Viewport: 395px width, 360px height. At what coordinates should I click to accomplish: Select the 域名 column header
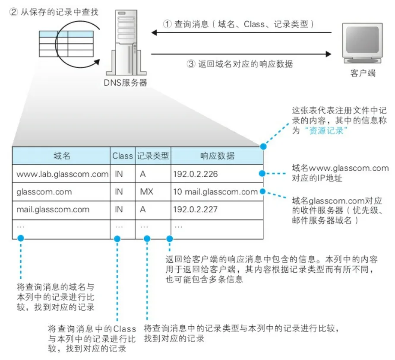click(x=62, y=156)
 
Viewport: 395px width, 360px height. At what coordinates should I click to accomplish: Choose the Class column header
click(x=123, y=156)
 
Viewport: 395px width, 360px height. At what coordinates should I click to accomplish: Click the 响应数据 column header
click(x=217, y=156)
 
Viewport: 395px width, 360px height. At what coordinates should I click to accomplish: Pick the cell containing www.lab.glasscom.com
click(x=62, y=174)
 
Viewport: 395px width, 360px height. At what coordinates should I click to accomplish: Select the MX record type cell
click(x=147, y=192)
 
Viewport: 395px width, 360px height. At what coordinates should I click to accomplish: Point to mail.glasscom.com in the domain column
click(x=53, y=210)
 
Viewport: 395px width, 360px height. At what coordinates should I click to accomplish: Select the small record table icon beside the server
click(x=66, y=44)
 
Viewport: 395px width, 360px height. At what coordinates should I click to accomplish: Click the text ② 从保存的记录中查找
click(x=54, y=12)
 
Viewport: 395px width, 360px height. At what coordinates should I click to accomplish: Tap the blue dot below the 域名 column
click(x=20, y=238)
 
